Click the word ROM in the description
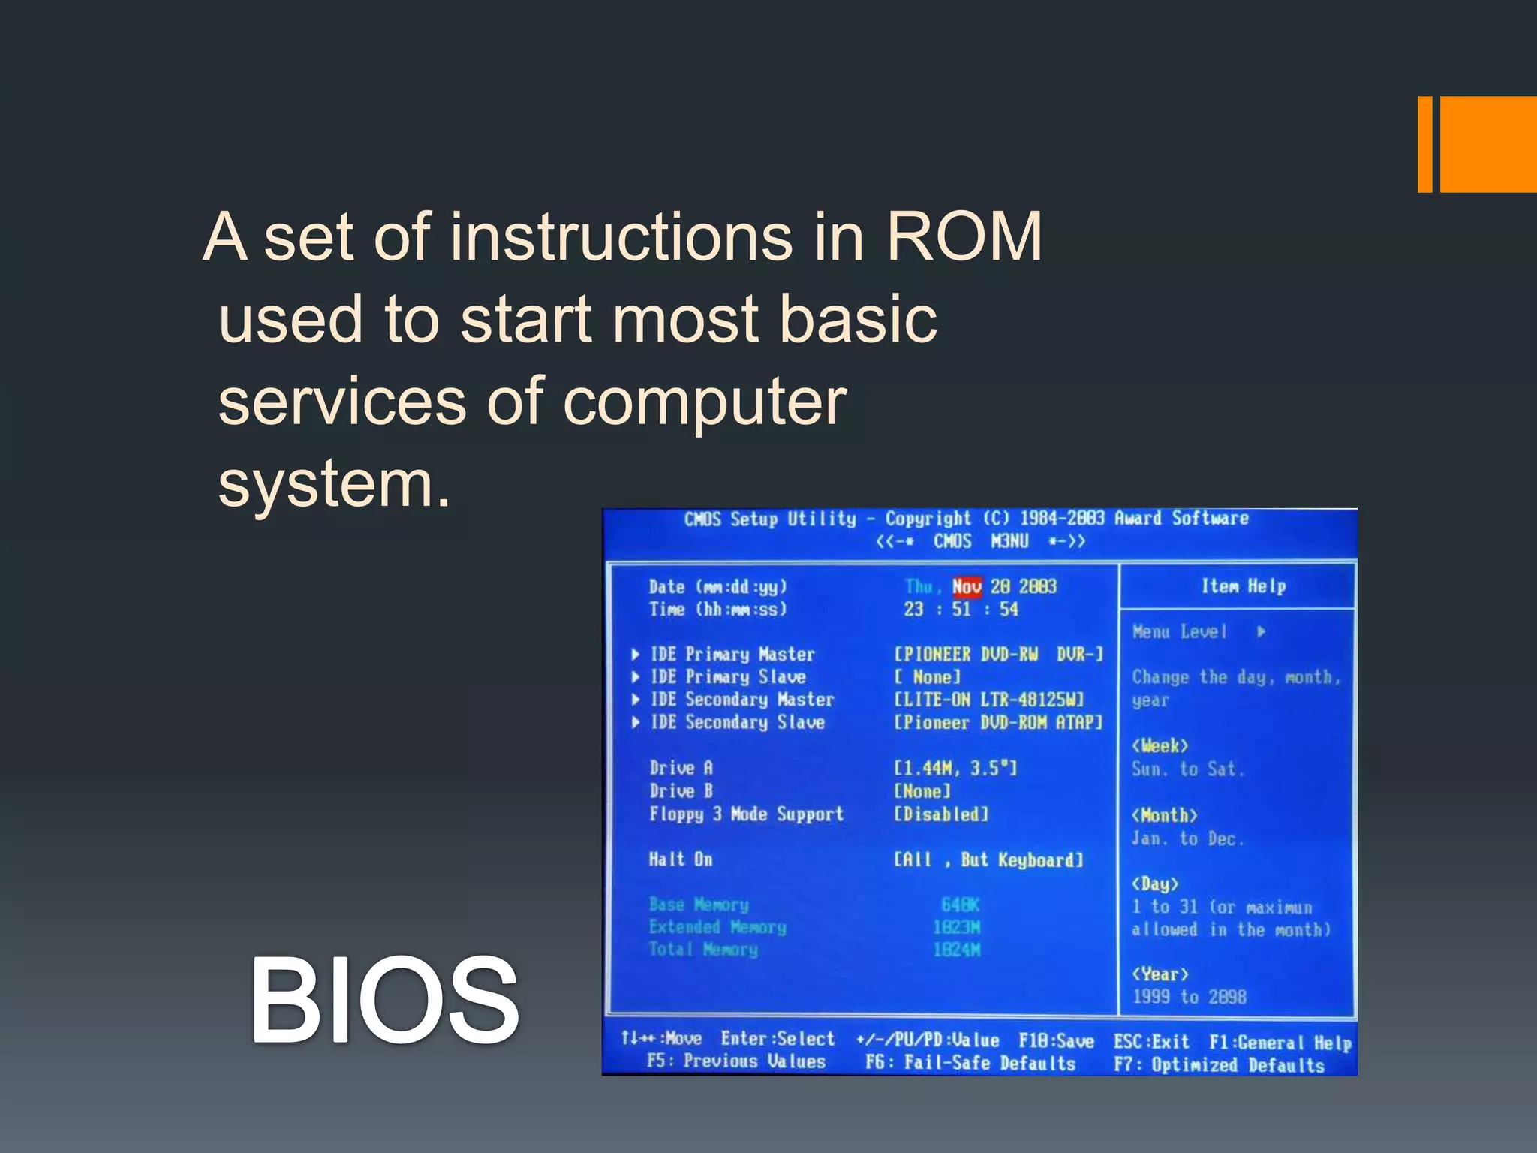click(964, 237)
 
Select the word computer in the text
click(704, 402)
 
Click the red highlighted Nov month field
click(967, 586)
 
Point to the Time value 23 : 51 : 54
click(961, 610)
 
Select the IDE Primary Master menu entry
click(732, 655)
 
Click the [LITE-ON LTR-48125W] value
click(989, 700)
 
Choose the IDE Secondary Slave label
click(737, 723)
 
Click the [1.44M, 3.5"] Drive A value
click(955, 768)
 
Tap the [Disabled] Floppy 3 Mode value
click(941, 814)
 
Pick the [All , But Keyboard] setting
click(988, 860)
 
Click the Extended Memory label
click(717, 928)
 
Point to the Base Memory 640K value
click(960, 905)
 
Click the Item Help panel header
click(1244, 586)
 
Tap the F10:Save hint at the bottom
click(1056, 1041)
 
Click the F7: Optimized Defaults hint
click(1219, 1065)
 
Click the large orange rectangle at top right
click(1487, 144)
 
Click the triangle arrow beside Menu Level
click(1262, 632)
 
